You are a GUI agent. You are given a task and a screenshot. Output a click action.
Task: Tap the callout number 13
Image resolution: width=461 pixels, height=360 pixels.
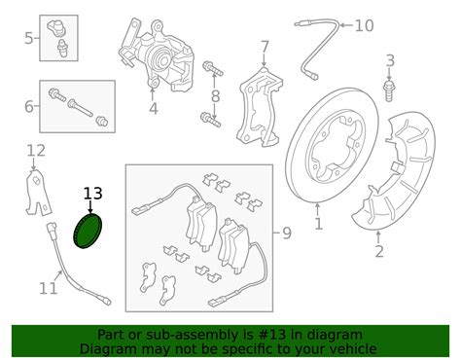point(91,193)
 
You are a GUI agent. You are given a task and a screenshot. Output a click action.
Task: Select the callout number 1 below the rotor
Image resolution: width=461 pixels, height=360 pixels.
point(318,225)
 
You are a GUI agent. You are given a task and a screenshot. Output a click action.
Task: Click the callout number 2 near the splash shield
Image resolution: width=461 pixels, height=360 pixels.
point(379,252)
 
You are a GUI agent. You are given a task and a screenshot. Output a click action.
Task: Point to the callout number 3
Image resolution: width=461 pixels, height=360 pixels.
point(390,61)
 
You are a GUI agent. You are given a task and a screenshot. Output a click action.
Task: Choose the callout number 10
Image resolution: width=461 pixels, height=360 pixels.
point(364,25)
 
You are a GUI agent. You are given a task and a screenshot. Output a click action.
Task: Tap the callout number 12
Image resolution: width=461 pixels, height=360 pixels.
point(36,150)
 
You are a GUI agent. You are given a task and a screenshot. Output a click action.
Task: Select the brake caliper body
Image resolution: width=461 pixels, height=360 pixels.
point(160,54)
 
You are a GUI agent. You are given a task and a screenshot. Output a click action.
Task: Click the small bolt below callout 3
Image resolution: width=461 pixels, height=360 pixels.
point(389,90)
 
